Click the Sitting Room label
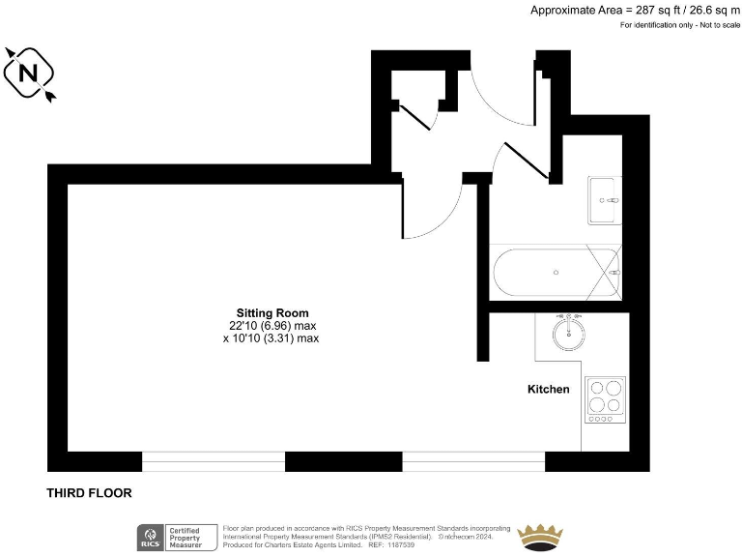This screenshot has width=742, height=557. click(272, 312)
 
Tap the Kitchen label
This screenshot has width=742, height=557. click(548, 390)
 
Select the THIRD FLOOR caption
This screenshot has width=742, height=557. click(89, 493)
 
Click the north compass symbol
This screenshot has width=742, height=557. click(29, 73)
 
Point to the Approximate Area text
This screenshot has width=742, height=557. click(635, 10)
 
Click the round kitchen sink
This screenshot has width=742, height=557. click(569, 334)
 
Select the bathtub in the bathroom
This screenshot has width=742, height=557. click(555, 273)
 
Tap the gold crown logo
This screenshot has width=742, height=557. click(543, 535)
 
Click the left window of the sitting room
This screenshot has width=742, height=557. click(214, 461)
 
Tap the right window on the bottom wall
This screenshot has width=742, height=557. click(473, 461)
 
